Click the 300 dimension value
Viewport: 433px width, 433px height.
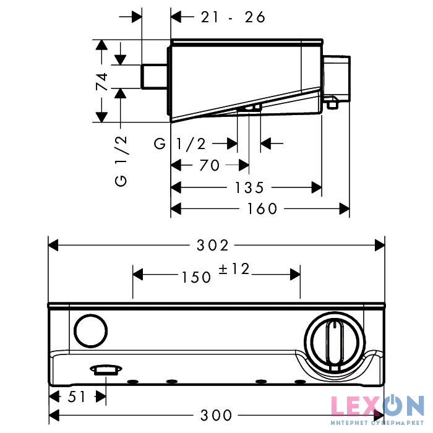(x=216, y=415)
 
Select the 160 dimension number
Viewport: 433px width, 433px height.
(x=262, y=209)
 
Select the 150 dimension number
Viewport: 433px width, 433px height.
(x=197, y=278)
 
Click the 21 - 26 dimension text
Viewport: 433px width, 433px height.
(x=233, y=17)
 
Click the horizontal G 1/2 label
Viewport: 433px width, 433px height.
(x=180, y=144)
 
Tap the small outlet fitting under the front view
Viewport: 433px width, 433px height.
(x=105, y=371)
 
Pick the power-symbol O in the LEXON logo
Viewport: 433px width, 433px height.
(x=394, y=405)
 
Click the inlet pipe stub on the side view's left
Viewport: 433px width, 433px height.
(x=154, y=77)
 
